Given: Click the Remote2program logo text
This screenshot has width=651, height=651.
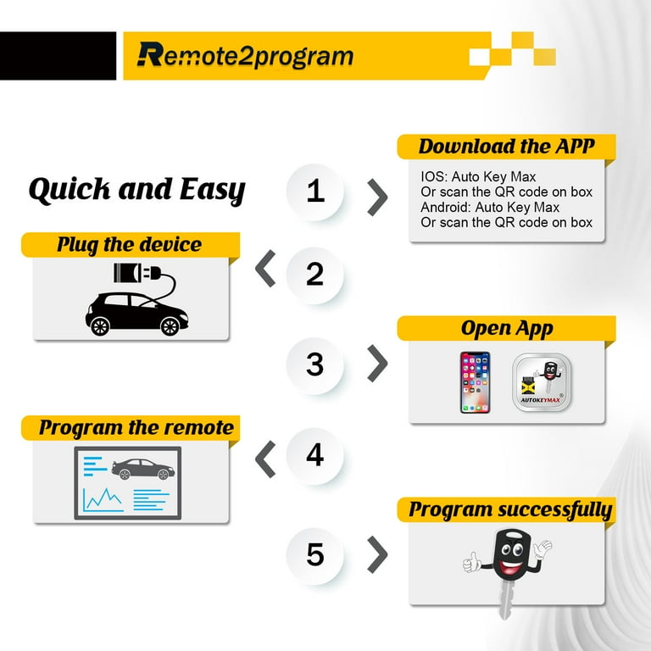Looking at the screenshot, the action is point(245,55).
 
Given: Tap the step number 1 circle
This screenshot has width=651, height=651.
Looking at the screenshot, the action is point(315,192).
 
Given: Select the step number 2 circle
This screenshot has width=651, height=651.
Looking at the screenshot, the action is point(315,275).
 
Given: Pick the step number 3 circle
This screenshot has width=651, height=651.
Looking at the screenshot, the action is point(315,365).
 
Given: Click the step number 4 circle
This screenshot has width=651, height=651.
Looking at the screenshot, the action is point(315,455).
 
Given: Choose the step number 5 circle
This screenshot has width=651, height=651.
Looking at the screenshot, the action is point(315,555).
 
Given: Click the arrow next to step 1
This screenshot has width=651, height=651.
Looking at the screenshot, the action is point(377,198).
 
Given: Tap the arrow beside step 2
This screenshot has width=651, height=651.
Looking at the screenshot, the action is point(265,269).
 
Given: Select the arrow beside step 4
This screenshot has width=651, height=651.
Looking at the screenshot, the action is point(265,459).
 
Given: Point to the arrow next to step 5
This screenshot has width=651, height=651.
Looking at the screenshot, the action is point(377,554).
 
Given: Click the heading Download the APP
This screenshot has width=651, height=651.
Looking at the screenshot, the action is point(507,146).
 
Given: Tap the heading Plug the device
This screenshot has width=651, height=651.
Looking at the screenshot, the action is point(130,244).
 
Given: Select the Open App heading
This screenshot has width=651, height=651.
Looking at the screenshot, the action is point(507,328).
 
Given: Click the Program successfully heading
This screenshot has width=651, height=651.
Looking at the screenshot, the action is point(510,509).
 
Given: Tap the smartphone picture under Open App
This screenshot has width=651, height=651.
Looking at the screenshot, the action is point(475,382).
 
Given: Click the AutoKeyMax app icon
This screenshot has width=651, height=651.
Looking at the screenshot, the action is point(542,382).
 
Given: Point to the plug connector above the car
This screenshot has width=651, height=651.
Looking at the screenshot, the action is point(137,273).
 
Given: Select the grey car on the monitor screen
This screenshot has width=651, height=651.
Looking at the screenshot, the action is point(142,469).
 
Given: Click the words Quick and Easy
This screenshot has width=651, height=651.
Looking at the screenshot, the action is point(137,190).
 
